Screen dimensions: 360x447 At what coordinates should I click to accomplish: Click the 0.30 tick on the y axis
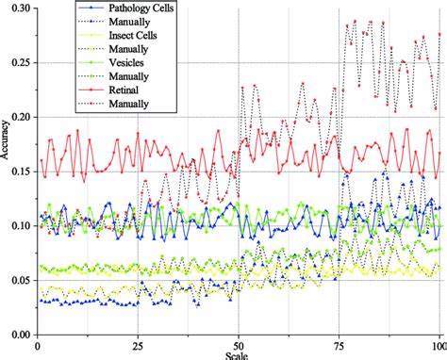17,8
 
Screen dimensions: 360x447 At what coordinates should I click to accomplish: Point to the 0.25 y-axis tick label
17,62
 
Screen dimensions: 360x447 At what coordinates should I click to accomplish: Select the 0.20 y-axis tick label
17,117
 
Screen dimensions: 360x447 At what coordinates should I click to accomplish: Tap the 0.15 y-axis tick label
17,172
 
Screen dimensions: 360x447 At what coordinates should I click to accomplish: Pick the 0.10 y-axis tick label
17,226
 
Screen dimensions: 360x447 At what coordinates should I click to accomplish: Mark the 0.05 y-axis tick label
17,280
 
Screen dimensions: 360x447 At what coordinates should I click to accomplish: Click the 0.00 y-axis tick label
17,335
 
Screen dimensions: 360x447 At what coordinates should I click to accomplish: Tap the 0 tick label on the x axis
37,345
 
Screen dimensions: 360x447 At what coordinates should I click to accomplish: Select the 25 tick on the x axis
138,345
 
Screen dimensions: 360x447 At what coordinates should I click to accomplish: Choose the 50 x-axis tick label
238,345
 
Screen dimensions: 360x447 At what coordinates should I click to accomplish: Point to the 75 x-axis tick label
339,345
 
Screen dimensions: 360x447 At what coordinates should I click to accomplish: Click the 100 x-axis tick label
438,345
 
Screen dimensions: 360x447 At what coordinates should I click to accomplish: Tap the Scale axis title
238,355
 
